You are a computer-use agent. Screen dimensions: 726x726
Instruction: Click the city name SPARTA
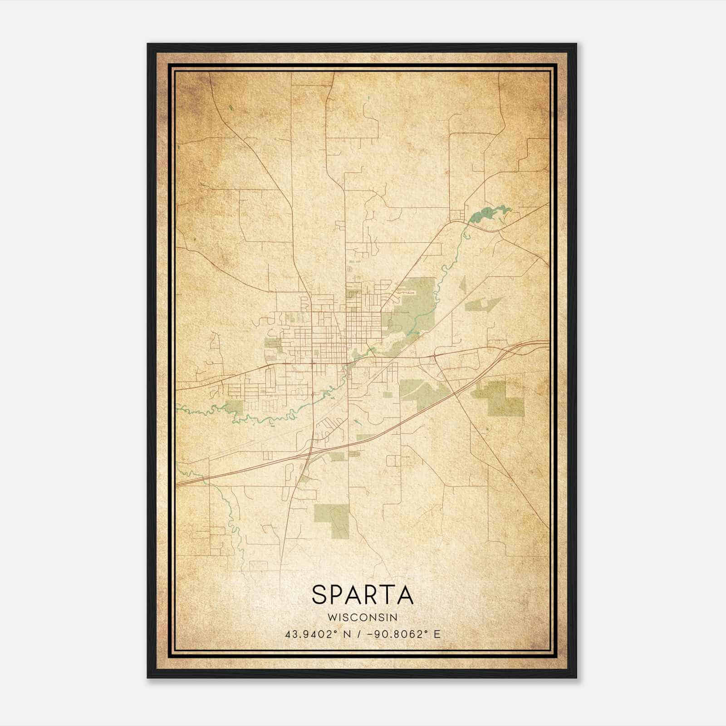[x=363, y=595]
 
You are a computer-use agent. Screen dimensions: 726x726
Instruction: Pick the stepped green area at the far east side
[x=499, y=397]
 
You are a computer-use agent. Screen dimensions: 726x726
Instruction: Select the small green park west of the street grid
[x=273, y=343]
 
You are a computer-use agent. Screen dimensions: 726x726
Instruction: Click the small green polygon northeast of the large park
[x=484, y=304]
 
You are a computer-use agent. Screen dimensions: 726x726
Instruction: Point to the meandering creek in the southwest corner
[x=234, y=526]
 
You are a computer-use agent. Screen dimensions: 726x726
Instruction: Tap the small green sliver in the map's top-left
[x=231, y=108]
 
